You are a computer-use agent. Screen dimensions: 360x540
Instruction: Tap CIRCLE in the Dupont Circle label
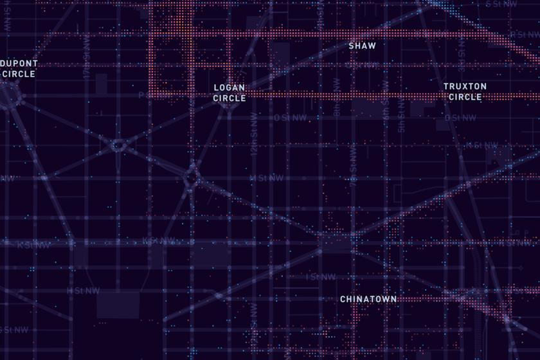[x=19, y=74]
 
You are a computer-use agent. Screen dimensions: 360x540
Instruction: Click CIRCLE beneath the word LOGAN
[x=230, y=98]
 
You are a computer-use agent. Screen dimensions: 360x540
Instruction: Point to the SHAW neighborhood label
[x=362, y=46]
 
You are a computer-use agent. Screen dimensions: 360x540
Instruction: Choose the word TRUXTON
[x=465, y=86]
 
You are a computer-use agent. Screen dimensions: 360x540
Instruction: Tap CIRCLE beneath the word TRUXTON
[x=465, y=97]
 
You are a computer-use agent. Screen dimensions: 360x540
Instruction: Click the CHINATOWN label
[x=368, y=299]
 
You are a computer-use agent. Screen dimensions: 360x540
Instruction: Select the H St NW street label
[x=80, y=291]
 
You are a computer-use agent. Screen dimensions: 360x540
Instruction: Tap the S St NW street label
[x=518, y=34]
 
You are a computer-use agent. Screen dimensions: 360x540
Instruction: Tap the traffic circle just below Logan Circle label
[x=226, y=107]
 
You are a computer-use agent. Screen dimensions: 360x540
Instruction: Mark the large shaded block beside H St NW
[x=118, y=304]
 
